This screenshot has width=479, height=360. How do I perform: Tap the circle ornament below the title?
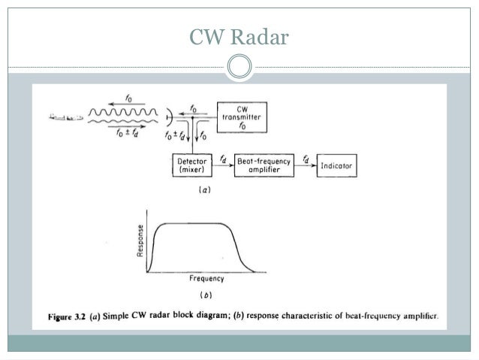click(239, 67)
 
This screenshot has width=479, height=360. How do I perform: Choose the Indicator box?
click(336, 165)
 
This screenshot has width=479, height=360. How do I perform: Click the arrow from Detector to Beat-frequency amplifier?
click(224, 166)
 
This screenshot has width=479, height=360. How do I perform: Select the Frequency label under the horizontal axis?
click(206, 279)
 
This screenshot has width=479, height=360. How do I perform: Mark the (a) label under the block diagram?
click(204, 190)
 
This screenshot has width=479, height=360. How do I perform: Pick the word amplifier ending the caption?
click(417, 316)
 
